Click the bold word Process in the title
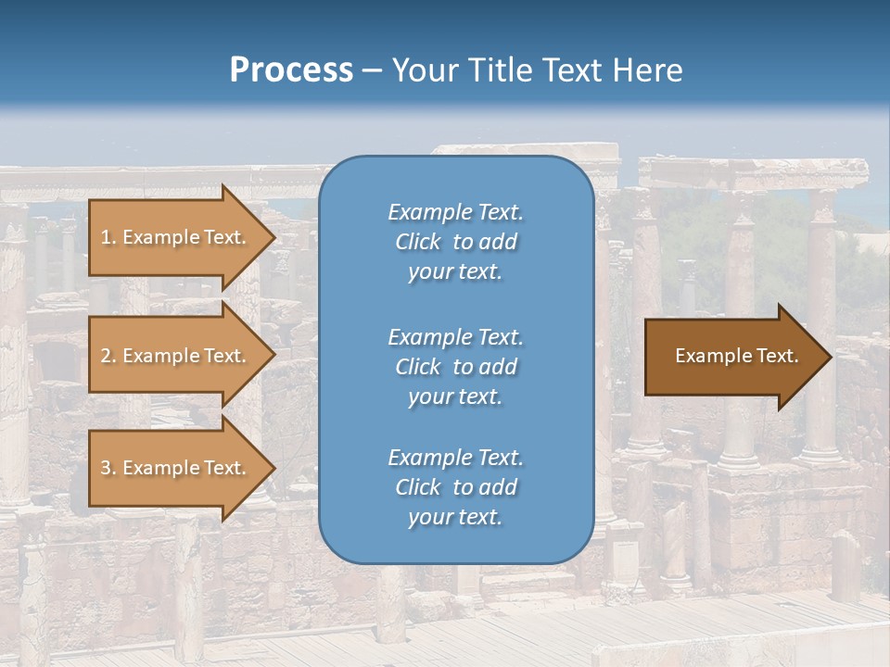point(291,70)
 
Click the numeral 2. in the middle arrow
point(108,356)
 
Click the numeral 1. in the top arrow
point(108,237)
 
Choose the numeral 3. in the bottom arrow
point(108,468)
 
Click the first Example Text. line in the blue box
point(455,212)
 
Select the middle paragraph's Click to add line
point(455,367)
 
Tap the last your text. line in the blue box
point(455,518)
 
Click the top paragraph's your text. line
point(455,272)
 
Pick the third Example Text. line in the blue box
point(455,458)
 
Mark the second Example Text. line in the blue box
point(455,337)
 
